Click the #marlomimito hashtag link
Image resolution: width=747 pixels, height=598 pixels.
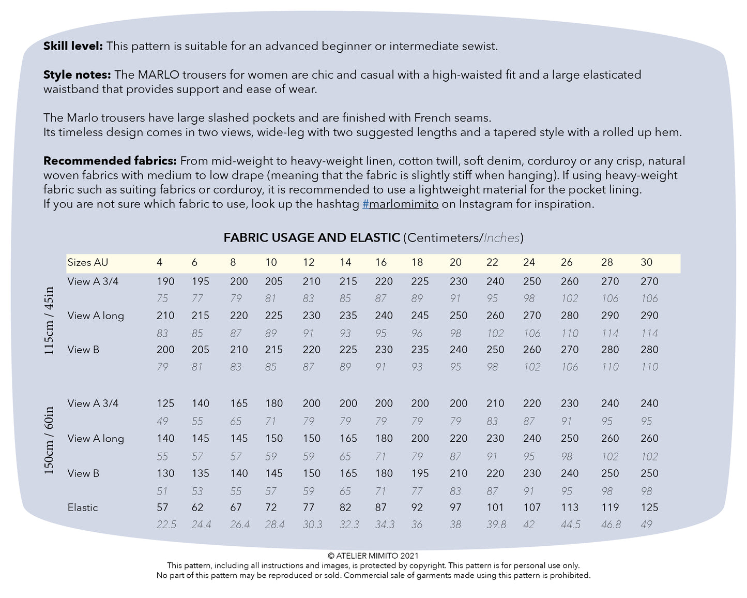coord(400,204)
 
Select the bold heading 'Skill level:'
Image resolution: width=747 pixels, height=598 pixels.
coord(73,46)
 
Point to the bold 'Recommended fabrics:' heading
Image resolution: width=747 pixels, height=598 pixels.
coord(110,161)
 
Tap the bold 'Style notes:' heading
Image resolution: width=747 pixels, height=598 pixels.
coord(77,75)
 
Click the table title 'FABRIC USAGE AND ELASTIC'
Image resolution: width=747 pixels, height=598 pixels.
coord(312,238)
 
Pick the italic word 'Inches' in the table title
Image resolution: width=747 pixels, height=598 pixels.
coord(501,238)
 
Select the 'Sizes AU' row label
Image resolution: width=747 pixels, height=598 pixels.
coord(88,262)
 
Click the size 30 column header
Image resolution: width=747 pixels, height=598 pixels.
coord(646,262)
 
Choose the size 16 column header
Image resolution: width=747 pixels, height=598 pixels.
coord(381,262)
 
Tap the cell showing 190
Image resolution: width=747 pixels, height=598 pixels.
coord(165,281)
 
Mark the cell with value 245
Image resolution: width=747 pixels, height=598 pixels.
coord(420,316)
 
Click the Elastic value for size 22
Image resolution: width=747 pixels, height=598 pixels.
coord(495,507)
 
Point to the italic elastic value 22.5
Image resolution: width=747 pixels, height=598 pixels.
coord(166,525)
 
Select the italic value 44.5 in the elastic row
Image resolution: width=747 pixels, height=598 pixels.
coord(571,525)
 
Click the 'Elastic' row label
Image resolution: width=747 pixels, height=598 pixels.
coord(83,507)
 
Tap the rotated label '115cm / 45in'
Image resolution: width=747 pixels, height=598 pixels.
coord(49,321)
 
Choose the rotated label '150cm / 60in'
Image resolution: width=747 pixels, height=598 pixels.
coord(49,441)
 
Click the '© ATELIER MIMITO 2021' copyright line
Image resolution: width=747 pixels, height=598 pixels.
coord(373,556)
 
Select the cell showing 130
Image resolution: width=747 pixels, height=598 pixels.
coord(165,473)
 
